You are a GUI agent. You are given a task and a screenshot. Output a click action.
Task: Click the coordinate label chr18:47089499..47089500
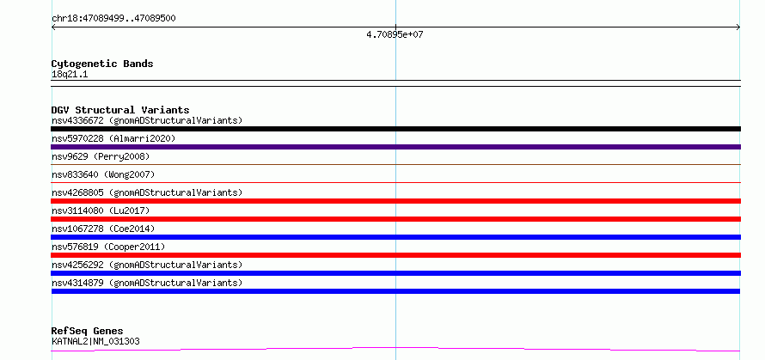113,19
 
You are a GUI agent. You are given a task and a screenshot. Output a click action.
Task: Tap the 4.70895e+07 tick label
395,34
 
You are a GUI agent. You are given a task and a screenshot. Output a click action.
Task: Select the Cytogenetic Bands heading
102,64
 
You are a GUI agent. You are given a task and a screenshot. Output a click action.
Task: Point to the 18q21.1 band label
70,75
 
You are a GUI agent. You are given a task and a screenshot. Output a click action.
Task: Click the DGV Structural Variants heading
120,110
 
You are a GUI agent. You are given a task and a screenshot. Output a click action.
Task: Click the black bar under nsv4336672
395,129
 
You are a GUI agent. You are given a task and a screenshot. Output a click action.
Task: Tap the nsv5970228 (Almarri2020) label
113,138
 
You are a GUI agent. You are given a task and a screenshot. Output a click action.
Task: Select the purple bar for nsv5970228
395,147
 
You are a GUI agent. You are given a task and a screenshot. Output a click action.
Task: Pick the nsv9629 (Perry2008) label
101,156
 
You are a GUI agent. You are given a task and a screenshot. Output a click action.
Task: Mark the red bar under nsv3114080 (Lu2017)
395,219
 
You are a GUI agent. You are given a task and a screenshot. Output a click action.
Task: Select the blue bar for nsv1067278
395,237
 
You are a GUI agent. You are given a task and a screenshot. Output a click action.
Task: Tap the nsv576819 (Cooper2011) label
108,247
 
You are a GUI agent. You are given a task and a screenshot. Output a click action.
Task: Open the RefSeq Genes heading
88,332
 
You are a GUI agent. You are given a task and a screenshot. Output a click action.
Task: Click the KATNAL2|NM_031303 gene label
95,341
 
